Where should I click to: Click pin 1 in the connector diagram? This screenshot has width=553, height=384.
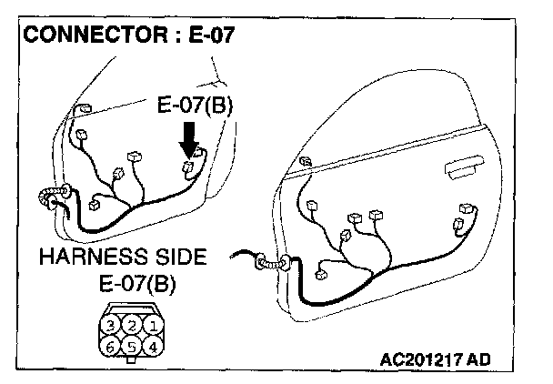[x=155, y=324]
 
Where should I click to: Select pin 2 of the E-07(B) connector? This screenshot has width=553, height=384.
[x=132, y=324]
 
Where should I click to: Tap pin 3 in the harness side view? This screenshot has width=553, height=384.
[x=109, y=324]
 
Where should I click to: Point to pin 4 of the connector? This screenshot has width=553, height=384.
[x=155, y=346]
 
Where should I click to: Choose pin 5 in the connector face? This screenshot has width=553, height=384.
[x=132, y=346]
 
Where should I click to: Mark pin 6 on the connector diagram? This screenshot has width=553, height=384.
[x=109, y=346]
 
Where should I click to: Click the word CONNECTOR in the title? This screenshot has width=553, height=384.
[x=87, y=36]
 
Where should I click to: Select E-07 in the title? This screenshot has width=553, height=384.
[x=208, y=36]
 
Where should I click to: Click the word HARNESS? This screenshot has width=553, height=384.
[x=89, y=258]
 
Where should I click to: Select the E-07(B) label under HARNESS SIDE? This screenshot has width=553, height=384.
[x=133, y=283]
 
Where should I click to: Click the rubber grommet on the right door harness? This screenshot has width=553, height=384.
[x=272, y=263]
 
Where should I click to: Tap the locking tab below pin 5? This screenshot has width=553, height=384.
[x=132, y=360]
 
